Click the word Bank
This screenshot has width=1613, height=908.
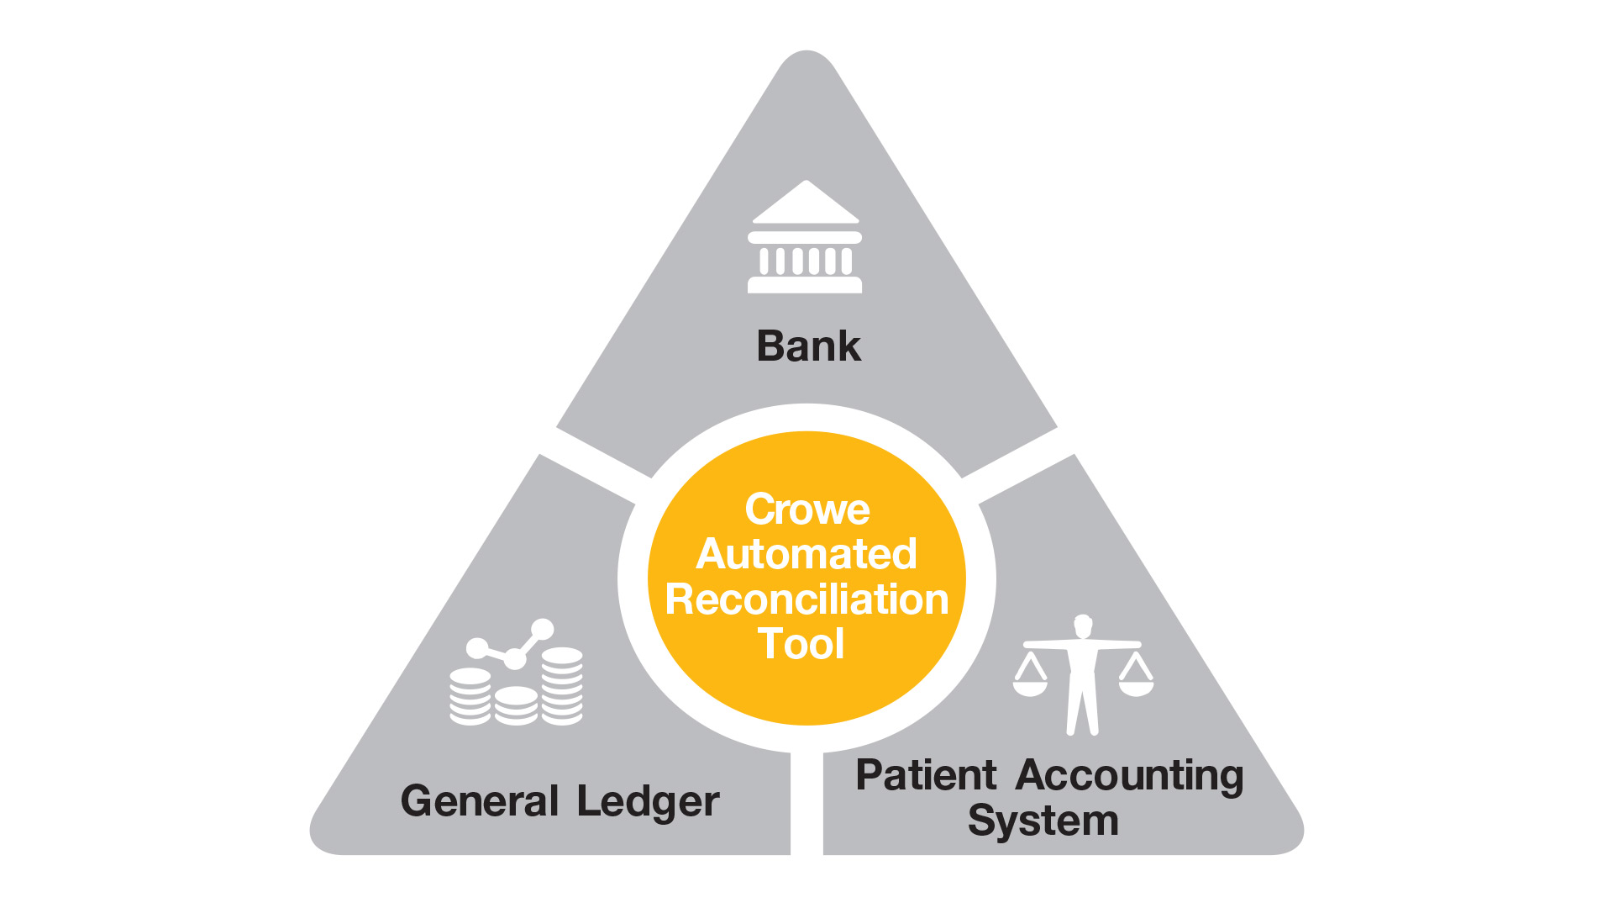pos(808,346)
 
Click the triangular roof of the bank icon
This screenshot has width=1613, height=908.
pos(806,203)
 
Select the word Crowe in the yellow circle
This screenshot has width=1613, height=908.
pos(807,509)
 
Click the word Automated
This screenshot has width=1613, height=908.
pos(806,554)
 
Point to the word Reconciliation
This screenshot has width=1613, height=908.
pos(806,599)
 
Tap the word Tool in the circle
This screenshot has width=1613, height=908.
pos(801,644)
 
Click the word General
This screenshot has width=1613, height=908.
pos(480,800)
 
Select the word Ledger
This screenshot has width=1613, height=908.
pos(648,802)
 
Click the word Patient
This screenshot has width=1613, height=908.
pos(926,775)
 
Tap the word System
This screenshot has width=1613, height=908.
pos(1043,821)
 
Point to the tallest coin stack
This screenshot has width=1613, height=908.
pos(562,685)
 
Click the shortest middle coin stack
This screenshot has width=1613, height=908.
pos(516,706)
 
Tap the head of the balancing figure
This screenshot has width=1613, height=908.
pos(1083,626)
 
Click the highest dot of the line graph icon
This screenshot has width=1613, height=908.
pos(543,630)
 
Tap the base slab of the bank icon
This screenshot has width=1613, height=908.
pos(805,285)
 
